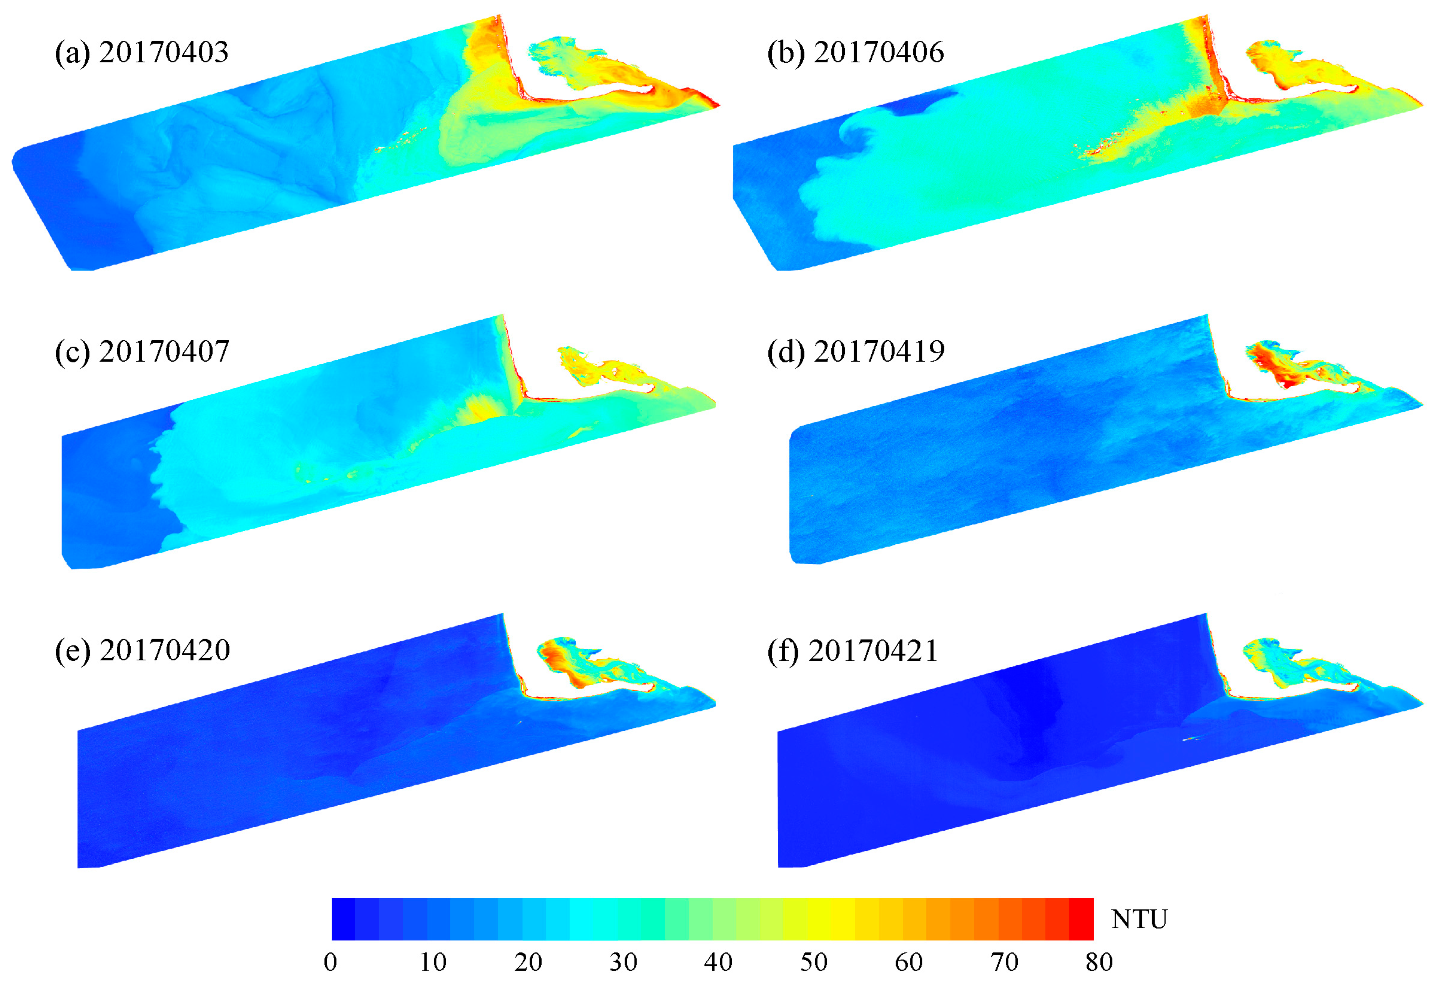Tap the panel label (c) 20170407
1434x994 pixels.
[142, 352]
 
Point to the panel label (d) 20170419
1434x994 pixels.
[856, 352]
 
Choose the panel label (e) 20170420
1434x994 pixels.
[142, 651]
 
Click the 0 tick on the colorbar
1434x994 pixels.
[331, 962]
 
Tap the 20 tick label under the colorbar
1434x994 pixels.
[528, 962]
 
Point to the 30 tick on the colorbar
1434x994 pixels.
[623, 962]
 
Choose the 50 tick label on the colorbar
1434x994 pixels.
[813, 962]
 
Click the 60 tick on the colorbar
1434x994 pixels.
[909, 962]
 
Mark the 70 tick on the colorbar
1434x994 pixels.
[1004, 962]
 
